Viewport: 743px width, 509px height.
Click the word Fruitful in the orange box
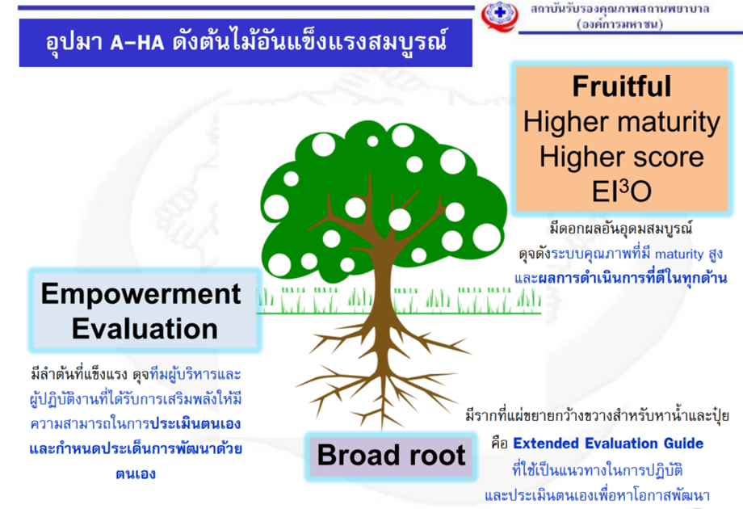click(621, 86)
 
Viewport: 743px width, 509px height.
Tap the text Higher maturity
click(621, 122)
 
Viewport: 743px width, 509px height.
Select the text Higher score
click(621, 157)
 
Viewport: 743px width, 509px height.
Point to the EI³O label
click(621, 191)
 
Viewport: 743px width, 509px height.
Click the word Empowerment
click(141, 294)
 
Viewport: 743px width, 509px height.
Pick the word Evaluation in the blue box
click(145, 329)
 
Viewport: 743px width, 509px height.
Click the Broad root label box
click(391, 456)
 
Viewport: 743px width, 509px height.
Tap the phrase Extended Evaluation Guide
click(608, 443)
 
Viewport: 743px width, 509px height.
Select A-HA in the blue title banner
click(137, 43)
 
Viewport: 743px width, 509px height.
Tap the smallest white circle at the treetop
click(372, 141)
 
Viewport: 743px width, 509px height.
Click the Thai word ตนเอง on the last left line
click(136, 474)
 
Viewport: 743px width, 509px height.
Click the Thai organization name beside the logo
click(619, 10)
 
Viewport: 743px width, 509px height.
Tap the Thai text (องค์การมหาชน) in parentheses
click(619, 24)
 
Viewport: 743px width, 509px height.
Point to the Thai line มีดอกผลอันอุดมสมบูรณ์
click(621, 229)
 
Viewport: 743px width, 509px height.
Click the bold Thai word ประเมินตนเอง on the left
click(195, 423)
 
